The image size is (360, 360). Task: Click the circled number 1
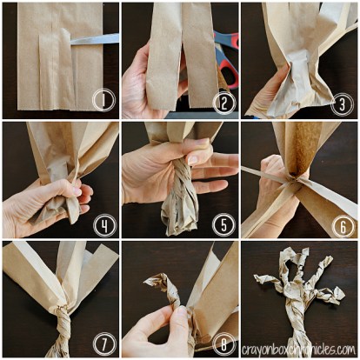(x=103, y=101)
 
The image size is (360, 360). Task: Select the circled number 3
(x=341, y=102)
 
